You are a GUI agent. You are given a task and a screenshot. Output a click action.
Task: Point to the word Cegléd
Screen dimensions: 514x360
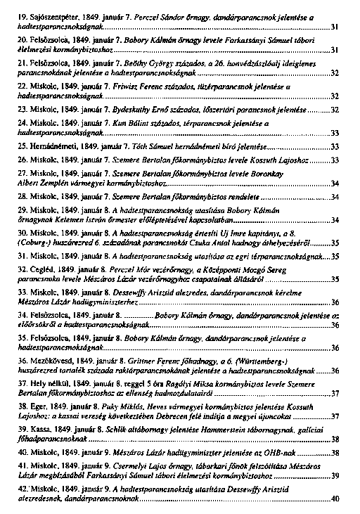42,271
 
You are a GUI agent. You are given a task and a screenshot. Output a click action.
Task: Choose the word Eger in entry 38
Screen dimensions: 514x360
39,408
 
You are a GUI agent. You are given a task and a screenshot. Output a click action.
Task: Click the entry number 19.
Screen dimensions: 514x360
22,16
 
